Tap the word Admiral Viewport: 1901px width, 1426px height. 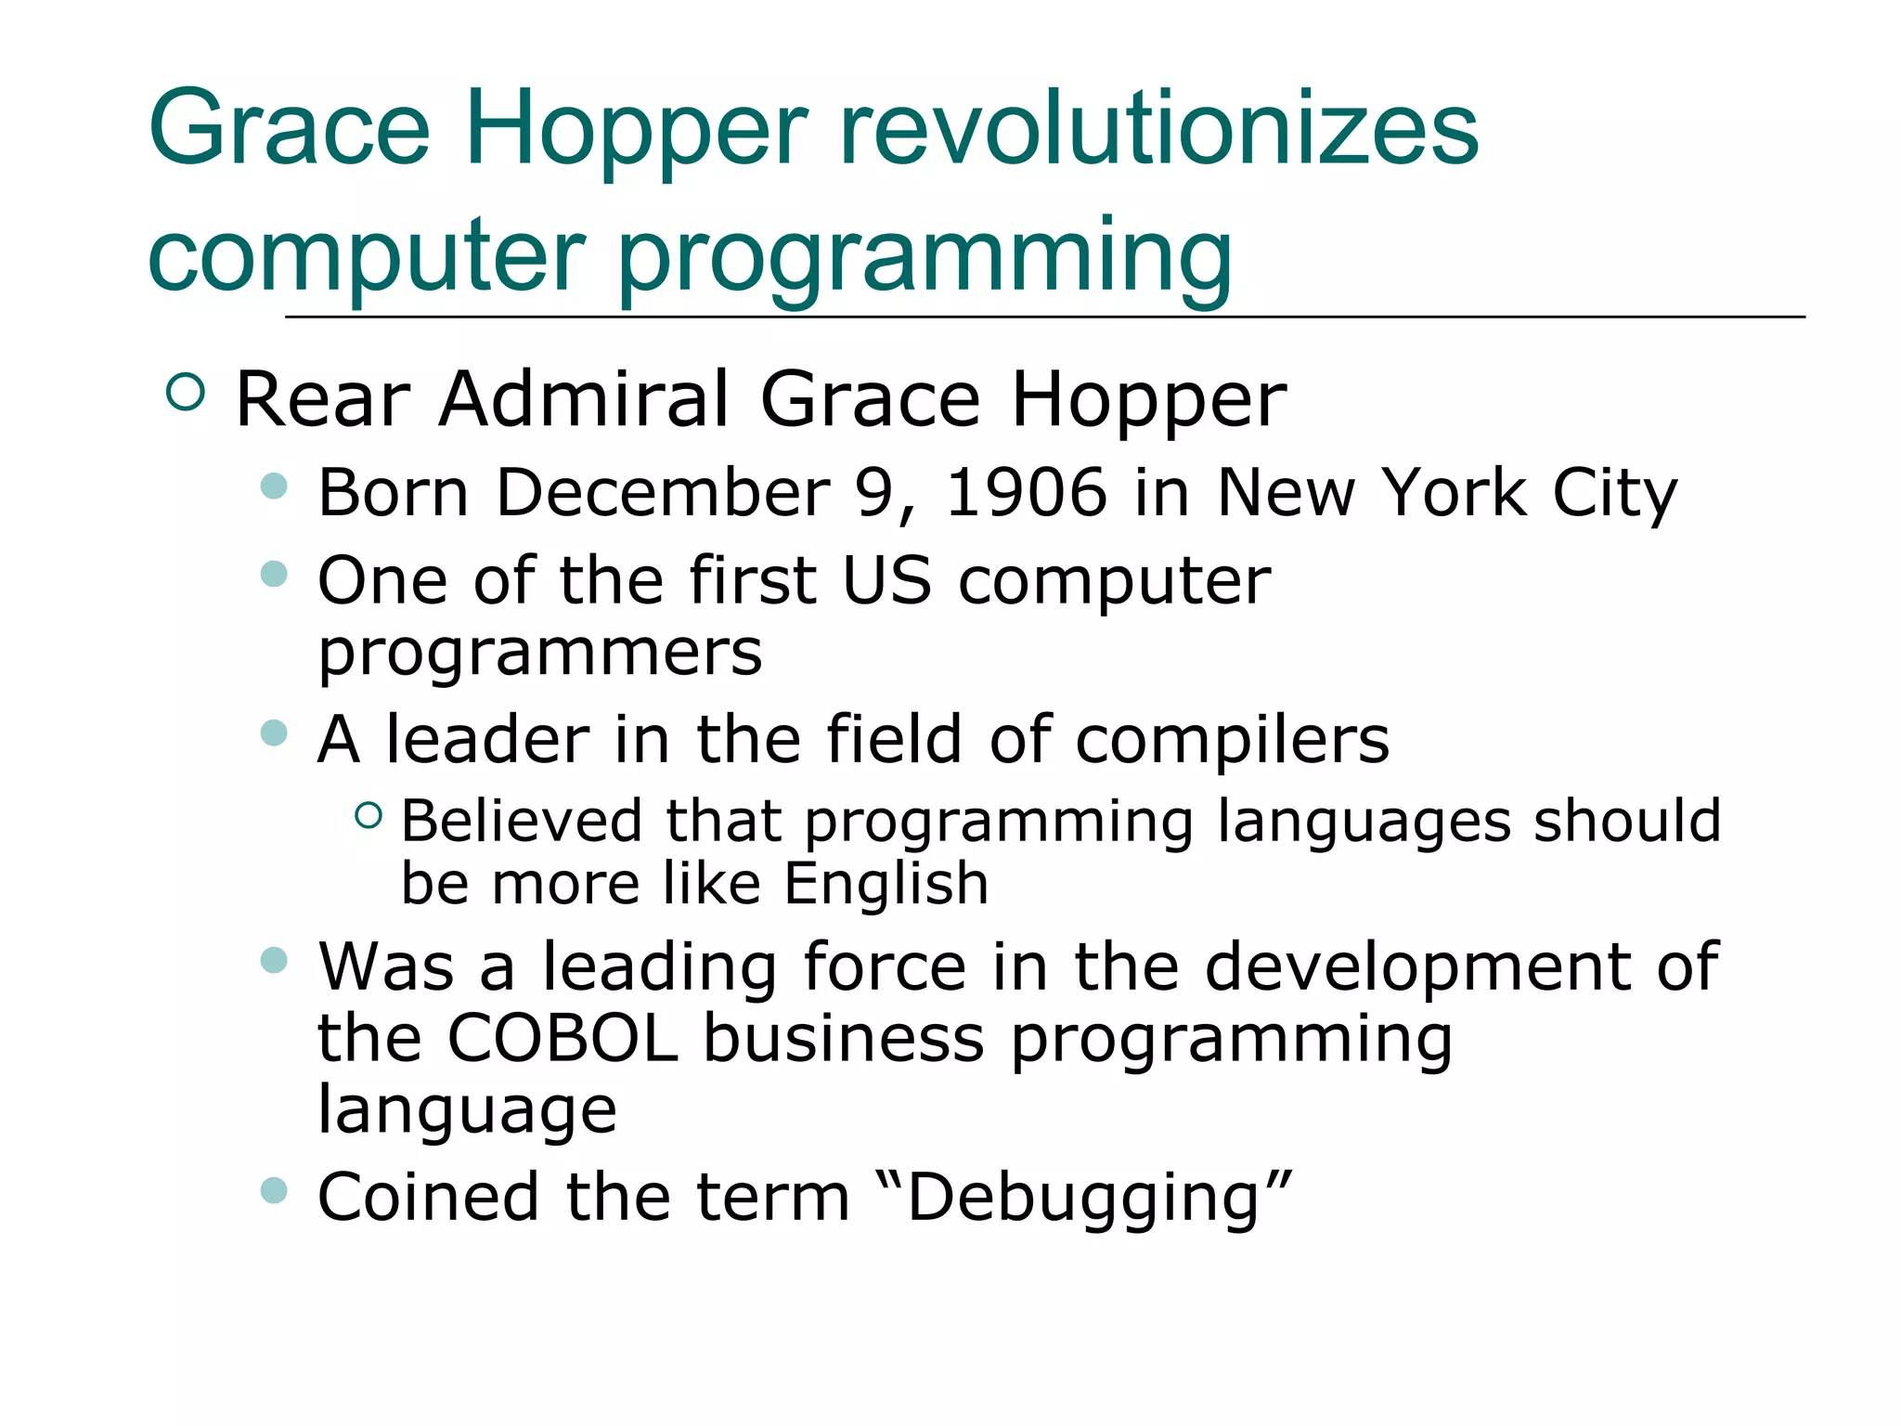click(x=585, y=399)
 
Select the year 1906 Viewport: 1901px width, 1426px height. click(x=1027, y=492)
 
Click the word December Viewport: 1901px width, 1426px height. click(x=663, y=492)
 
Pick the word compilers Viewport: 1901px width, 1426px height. click(x=1233, y=740)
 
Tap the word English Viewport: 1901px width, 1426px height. click(x=886, y=883)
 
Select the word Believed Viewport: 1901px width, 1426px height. click(x=522, y=822)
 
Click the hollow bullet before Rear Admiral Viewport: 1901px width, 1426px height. click(x=186, y=393)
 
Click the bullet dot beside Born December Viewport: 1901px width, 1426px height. click(x=274, y=486)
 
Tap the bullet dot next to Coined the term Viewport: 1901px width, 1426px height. click(x=274, y=1190)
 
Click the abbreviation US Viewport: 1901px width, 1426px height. click(x=886, y=581)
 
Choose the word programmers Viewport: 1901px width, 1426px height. click(x=540, y=653)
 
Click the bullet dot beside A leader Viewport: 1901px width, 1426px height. click(x=274, y=733)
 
